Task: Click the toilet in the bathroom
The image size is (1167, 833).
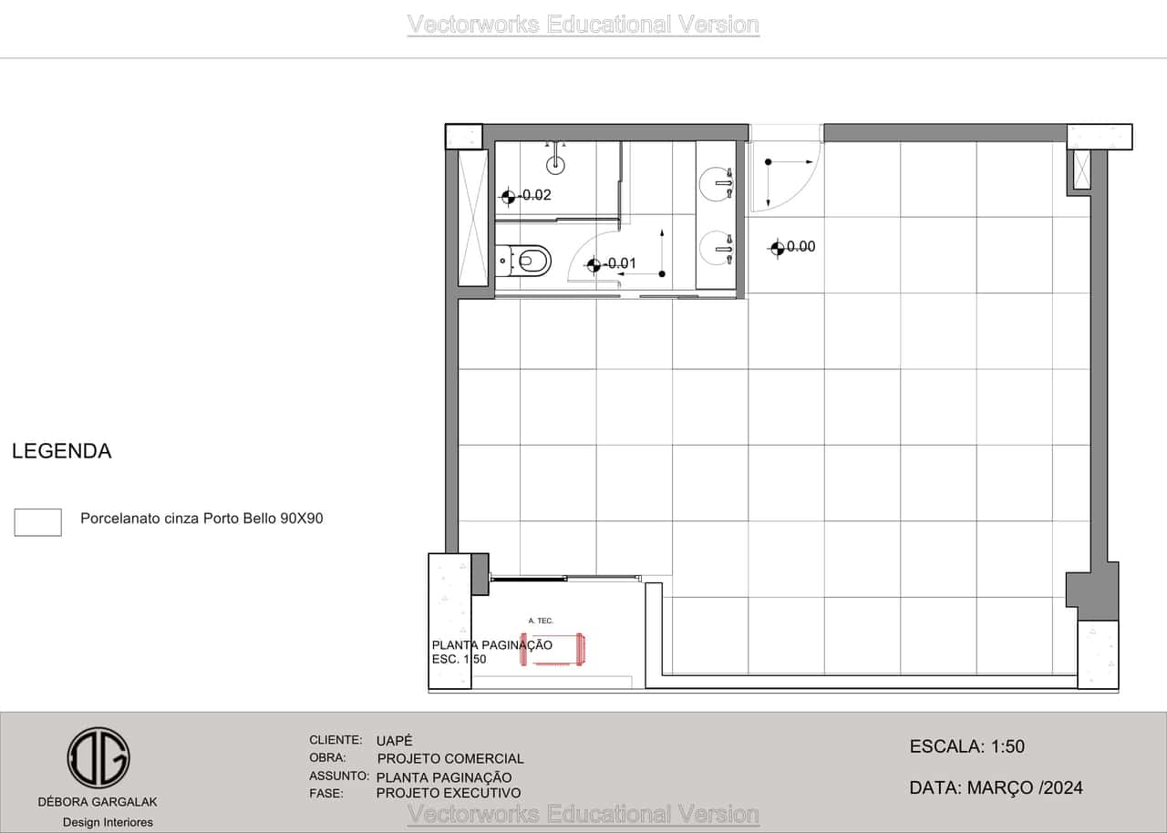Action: tap(523, 261)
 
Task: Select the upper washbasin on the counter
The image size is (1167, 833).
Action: tap(717, 183)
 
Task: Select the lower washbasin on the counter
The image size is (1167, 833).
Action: tap(717, 249)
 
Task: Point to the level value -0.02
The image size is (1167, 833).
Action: tap(534, 195)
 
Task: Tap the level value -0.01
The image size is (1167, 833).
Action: tap(620, 263)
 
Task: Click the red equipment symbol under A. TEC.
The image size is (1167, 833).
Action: tap(553, 649)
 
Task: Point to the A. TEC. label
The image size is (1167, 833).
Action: tap(541, 621)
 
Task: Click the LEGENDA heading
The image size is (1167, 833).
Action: tap(61, 451)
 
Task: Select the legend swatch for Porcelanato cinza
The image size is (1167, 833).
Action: tap(37, 522)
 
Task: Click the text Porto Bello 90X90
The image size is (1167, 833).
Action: tap(263, 519)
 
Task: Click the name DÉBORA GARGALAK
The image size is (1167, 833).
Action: tap(98, 802)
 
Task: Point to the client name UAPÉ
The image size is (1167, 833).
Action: tap(395, 740)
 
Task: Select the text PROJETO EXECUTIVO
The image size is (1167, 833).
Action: tap(449, 793)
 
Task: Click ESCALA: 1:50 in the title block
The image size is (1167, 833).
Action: tap(967, 746)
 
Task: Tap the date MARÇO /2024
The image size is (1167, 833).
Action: tap(1025, 787)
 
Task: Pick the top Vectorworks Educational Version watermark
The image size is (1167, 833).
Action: tap(583, 25)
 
